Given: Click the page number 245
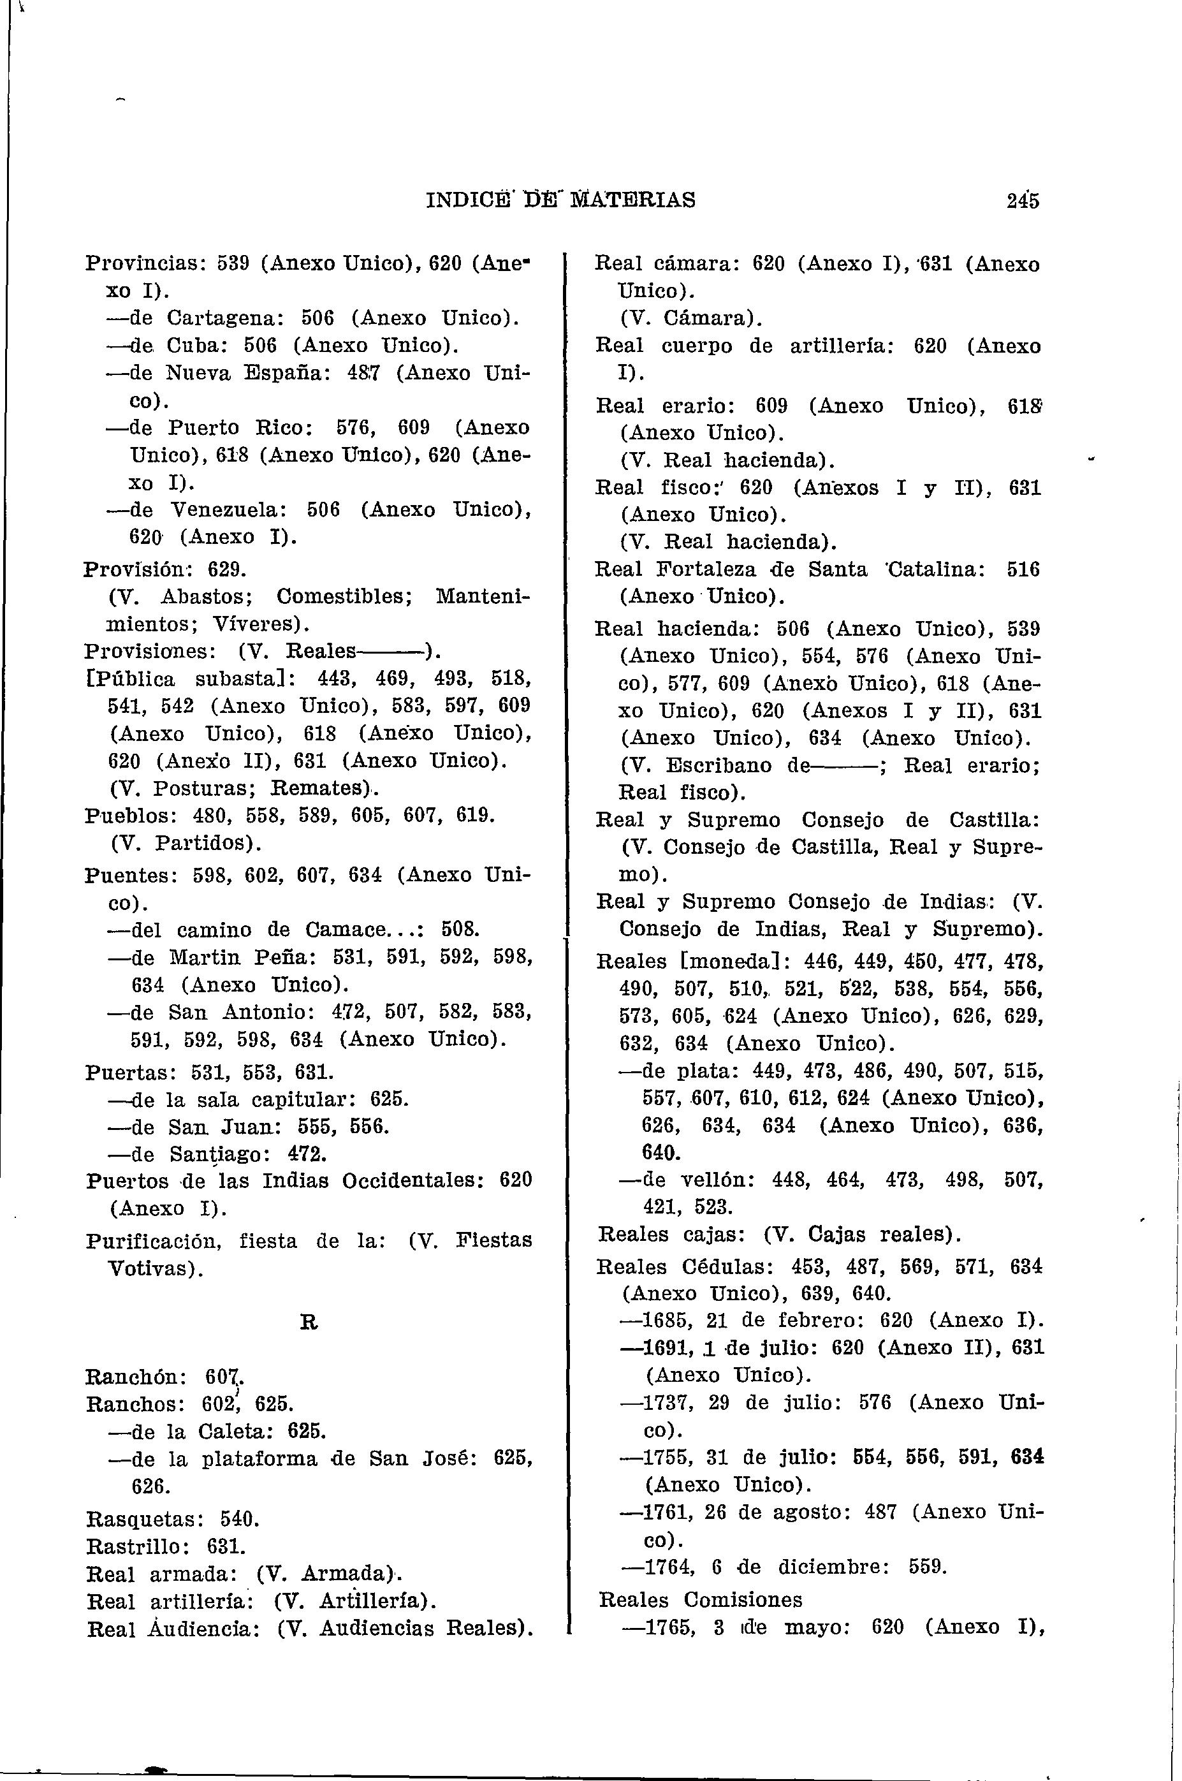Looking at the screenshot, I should [1021, 201].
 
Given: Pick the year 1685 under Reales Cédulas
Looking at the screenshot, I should [669, 1321].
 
